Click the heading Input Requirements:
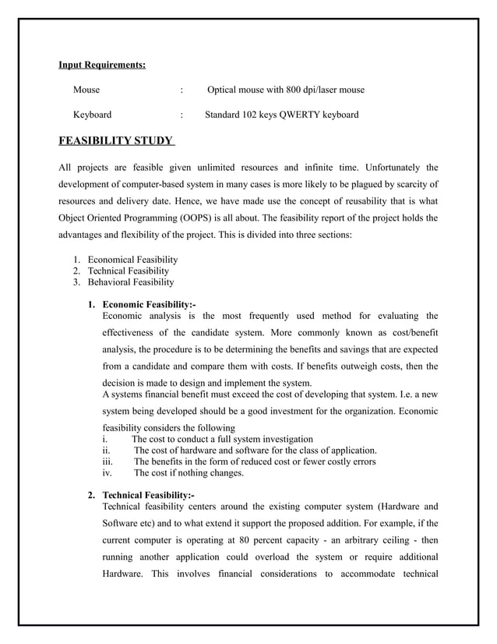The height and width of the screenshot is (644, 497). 102,65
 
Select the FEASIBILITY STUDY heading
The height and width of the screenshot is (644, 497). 117,141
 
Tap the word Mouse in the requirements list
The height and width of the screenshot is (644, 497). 86,90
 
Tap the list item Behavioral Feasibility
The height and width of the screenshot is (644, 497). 131,282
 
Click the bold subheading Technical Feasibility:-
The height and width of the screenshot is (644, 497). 149,495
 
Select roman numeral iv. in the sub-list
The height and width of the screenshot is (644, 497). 108,472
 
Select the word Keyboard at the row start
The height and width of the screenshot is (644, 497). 92,115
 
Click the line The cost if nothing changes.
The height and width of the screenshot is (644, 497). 189,472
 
